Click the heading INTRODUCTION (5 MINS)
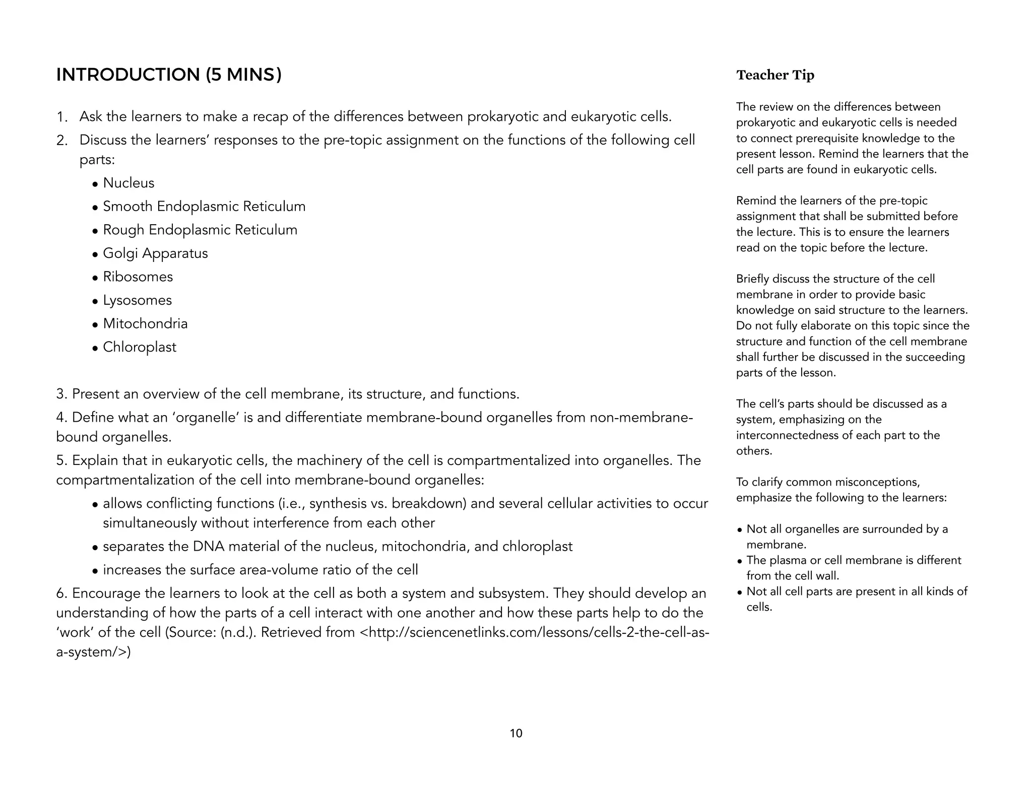click(169, 75)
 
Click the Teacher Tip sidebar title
click(775, 75)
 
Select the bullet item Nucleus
click(128, 183)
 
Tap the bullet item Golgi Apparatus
click(155, 253)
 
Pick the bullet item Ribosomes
click(138, 277)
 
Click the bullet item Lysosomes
click(137, 300)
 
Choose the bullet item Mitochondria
click(145, 323)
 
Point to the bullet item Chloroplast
click(140, 347)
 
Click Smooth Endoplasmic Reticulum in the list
click(204, 207)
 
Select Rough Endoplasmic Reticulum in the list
click(200, 230)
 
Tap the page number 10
click(516, 734)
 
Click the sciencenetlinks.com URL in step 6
click(534, 632)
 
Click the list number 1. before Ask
click(62, 117)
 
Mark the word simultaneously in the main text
click(150, 523)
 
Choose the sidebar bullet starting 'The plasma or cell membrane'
click(854, 560)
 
